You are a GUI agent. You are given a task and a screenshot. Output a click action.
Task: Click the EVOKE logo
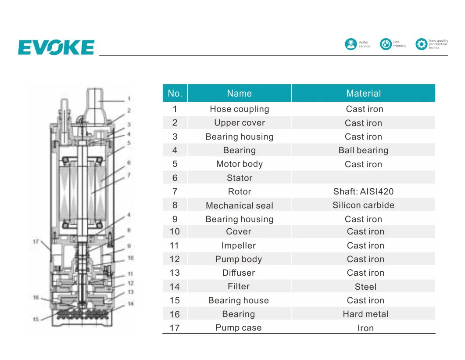click(56, 47)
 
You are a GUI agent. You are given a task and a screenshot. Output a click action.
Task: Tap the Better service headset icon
click(351, 44)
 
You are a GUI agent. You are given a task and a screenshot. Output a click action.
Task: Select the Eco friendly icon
click(386, 44)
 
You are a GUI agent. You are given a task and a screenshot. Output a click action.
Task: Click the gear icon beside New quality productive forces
click(421, 44)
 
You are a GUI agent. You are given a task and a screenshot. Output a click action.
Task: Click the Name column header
click(239, 93)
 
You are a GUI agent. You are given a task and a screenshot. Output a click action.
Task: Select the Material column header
click(363, 93)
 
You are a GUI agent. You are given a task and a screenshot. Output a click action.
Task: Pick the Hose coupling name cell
click(239, 109)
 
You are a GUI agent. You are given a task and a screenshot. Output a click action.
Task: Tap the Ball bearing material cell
click(363, 150)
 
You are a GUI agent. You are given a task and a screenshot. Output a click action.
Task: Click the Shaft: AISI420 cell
click(363, 191)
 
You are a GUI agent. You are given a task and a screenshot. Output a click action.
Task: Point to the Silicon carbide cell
click(363, 205)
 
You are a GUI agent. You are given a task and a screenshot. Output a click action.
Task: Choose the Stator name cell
click(239, 178)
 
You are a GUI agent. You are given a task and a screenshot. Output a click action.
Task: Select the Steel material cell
click(365, 287)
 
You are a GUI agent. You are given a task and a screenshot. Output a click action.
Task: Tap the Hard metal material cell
click(365, 314)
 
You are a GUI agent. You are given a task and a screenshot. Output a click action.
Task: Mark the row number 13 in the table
click(175, 273)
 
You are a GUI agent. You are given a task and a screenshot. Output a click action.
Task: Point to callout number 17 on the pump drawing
click(36, 241)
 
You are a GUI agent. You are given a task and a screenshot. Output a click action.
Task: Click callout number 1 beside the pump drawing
click(129, 99)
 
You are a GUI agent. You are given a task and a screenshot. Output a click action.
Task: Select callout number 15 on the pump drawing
click(36, 319)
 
